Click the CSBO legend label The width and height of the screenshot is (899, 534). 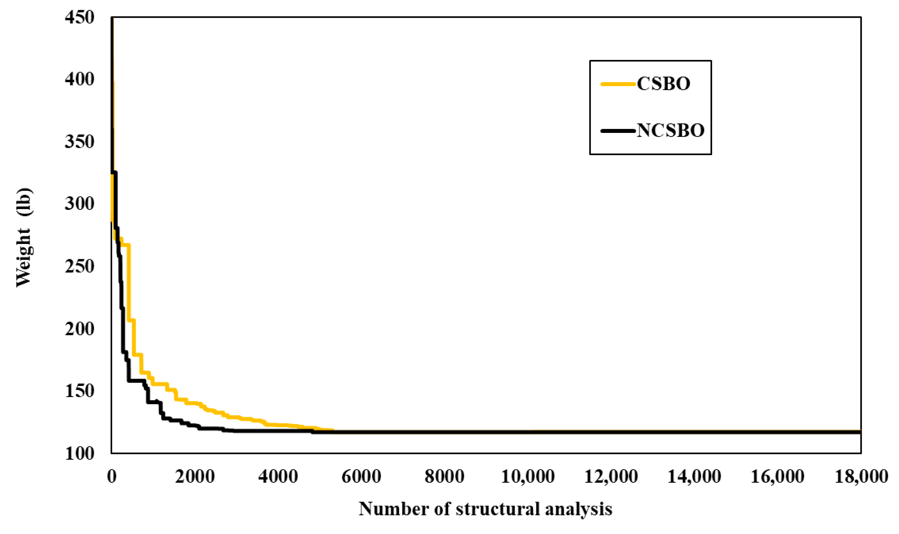pos(663,84)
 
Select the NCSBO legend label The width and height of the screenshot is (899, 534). pos(670,131)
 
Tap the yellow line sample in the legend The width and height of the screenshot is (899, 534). pos(618,84)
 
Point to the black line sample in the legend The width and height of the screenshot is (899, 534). pos(618,131)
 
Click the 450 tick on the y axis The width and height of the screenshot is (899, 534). pos(79,17)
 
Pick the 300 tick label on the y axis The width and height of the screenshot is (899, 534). pos(79,204)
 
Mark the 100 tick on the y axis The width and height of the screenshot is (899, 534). pos(79,453)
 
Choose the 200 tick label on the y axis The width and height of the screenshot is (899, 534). pos(79,329)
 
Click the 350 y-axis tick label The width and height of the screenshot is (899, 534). pos(79,142)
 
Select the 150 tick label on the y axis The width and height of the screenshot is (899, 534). pos(79,391)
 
